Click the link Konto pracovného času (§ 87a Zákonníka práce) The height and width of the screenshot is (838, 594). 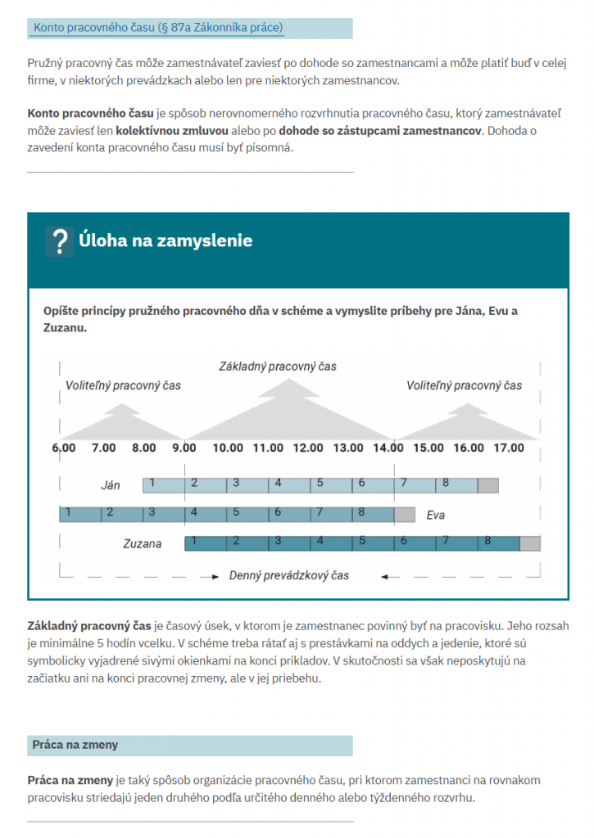click(x=158, y=28)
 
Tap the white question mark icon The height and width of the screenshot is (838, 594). click(x=59, y=241)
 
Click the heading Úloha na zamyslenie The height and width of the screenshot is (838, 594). click(x=166, y=241)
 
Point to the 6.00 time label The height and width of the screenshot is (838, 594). click(x=63, y=448)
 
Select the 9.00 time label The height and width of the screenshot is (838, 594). click(x=184, y=448)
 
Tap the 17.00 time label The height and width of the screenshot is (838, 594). click(x=509, y=448)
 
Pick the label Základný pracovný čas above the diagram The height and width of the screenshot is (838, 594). click(x=278, y=366)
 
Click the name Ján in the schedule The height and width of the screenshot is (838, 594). click(x=110, y=485)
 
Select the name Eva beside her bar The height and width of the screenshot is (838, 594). click(x=435, y=516)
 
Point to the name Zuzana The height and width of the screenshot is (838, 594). click(x=143, y=543)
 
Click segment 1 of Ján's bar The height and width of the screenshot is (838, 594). click(x=164, y=485)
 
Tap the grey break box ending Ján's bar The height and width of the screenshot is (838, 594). click(x=487, y=485)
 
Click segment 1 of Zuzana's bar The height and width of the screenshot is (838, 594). click(x=204, y=543)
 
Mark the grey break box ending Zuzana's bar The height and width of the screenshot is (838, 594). click(x=530, y=543)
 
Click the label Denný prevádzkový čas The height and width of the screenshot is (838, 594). click(x=289, y=575)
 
